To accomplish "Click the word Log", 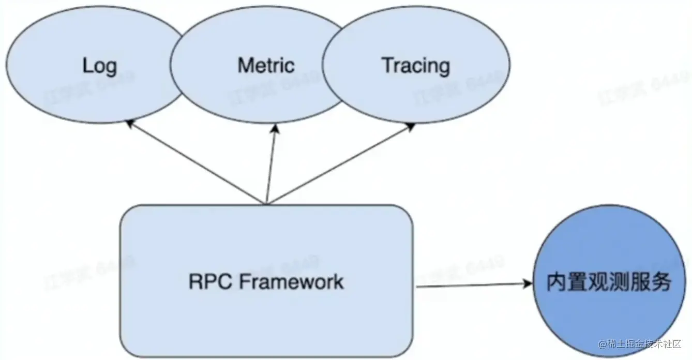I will point(100,66).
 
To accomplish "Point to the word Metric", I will point(266,66).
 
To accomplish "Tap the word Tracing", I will point(416,66).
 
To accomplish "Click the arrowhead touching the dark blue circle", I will point(528,283).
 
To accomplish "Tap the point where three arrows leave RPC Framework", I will point(266,203).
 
